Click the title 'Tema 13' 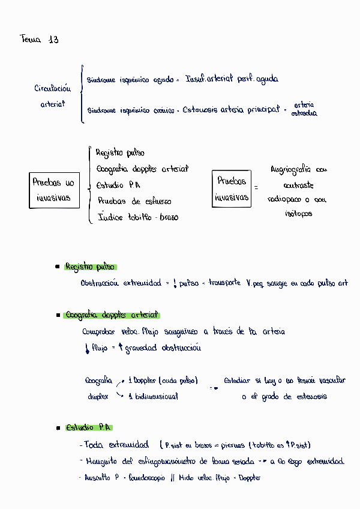[40, 40]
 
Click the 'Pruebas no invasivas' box [54, 190]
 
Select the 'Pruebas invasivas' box [232, 188]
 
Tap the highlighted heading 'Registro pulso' [91, 267]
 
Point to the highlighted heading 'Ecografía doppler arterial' [112, 315]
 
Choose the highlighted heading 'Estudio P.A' [89, 428]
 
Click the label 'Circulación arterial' [53, 96]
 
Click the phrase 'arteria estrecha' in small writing [304, 109]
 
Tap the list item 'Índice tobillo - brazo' [138, 217]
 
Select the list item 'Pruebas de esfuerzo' [134, 202]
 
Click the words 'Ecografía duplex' [98, 388]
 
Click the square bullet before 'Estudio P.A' [57, 429]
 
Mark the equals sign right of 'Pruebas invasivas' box [256, 187]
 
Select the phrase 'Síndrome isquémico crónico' [131, 110]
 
